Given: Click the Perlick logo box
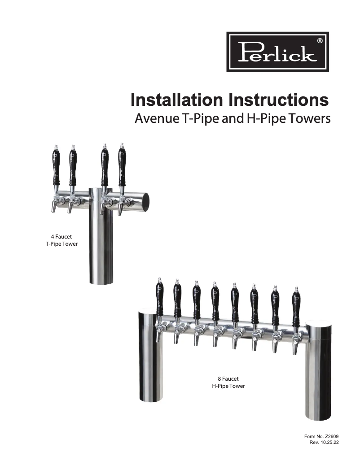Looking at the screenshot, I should tap(277, 51).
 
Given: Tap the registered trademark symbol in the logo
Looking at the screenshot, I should tap(319, 40).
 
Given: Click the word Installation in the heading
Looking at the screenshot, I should tap(177, 100).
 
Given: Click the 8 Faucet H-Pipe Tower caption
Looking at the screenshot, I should tap(228, 382).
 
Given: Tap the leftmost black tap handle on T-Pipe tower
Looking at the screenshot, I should tap(56, 167).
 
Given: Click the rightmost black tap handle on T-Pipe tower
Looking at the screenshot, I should tap(122, 167).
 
